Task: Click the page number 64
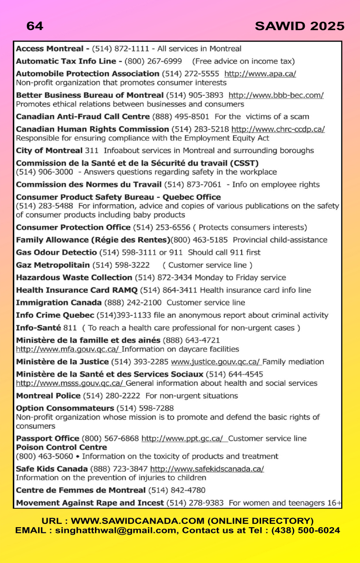click(x=35, y=26)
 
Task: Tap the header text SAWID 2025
click(x=299, y=26)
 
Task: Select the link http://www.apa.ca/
click(x=260, y=74)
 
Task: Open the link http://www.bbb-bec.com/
click(x=276, y=95)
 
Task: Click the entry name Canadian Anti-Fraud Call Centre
click(x=83, y=117)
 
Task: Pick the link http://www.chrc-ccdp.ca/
click(x=278, y=129)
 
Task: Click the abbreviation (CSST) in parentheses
click(x=243, y=163)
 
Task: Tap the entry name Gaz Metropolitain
click(x=53, y=265)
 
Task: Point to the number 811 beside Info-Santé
click(x=71, y=328)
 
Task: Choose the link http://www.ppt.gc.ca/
click(x=184, y=439)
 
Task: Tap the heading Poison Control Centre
click(x=61, y=447)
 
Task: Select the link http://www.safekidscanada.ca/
click(x=207, y=469)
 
